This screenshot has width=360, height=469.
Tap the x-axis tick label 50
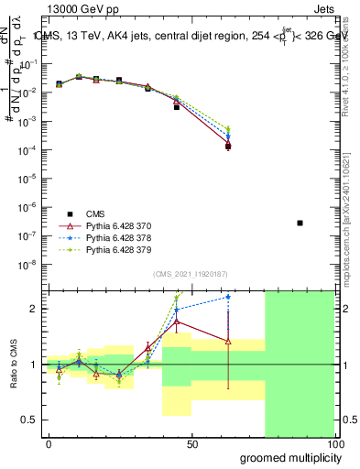pyautogui.click(x=192, y=443)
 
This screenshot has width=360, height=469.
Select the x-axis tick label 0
pyautogui.click(x=49, y=443)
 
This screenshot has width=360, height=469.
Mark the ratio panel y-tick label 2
pyautogui.click(x=33, y=309)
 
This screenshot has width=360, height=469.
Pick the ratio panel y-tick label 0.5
pyautogui.click(x=29, y=420)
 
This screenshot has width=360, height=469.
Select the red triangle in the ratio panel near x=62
pyautogui.click(x=228, y=342)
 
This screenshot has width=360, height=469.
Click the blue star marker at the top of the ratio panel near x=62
pyautogui.click(x=228, y=297)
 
